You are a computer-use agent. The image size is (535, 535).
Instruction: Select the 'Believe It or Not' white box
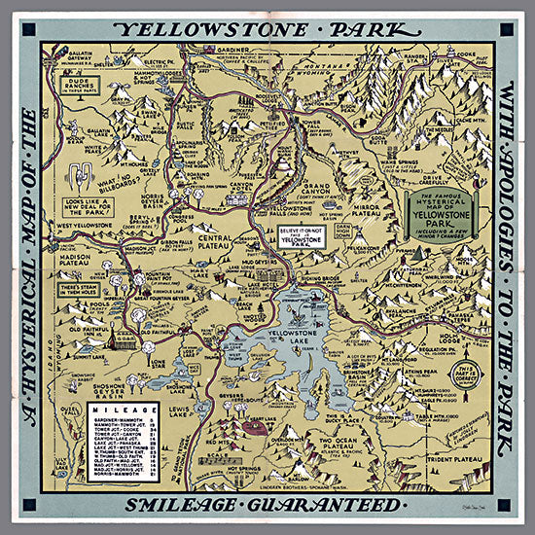[x=301, y=234]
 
